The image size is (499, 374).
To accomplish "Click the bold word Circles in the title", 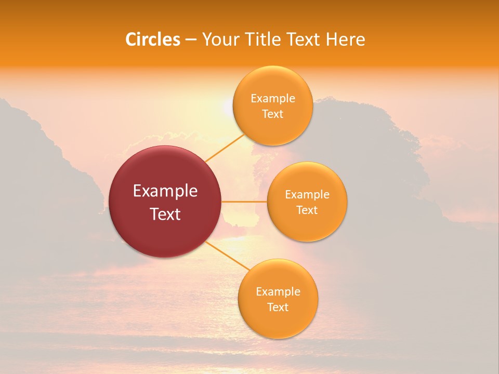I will (153, 39).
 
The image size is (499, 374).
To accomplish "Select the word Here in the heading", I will (345, 39).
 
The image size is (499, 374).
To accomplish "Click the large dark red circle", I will (165, 202).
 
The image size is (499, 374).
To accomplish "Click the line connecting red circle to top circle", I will (225, 147).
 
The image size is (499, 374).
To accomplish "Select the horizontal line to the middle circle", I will (244, 202).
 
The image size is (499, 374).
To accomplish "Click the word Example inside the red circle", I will (165, 191).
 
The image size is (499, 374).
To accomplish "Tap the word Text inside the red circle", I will (165, 214).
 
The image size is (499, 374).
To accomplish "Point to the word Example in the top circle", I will (273, 99).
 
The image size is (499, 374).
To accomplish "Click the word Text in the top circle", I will (273, 114).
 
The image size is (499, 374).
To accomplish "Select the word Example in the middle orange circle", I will (307, 195).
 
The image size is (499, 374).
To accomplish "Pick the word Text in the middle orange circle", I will (307, 210).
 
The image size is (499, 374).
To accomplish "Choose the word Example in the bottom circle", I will (278, 292).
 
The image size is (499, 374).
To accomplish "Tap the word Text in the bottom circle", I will (278, 308).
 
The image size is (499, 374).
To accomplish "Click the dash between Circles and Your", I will (190, 40).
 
